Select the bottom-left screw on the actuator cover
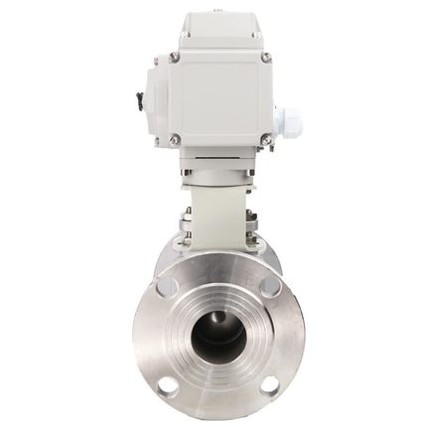[175, 139]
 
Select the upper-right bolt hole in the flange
[270, 287]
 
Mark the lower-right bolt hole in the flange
[269, 385]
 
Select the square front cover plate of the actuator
[219, 97]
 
